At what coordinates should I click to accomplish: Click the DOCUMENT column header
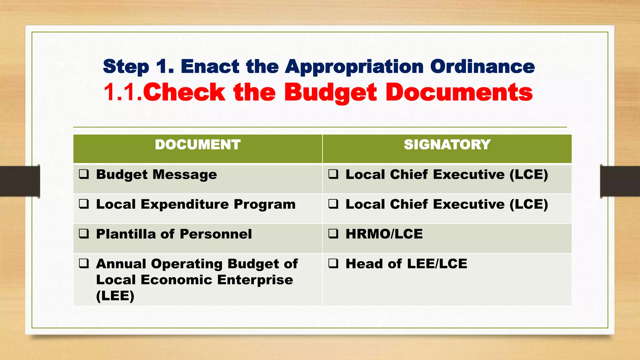coord(197,145)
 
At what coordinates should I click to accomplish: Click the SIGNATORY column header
coord(447,145)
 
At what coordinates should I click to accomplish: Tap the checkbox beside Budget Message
coord(84,174)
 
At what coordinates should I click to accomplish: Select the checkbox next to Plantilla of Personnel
coord(84,234)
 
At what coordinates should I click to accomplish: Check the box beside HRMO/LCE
coord(333,234)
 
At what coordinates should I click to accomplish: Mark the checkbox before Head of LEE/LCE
coord(333,263)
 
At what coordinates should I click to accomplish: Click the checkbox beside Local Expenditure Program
coord(84,204)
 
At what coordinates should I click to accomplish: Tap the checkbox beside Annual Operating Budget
coord(84,263)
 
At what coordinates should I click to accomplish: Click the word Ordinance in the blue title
coord(482,67)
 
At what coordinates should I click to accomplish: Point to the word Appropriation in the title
coord(354,67)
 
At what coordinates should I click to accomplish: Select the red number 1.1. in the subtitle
coord(123,92)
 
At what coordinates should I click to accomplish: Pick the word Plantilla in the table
coord(126,234)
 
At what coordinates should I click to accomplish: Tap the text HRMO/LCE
coord(384,234)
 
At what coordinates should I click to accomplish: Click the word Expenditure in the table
coord(185,204)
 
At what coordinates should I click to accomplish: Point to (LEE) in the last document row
coord(115,296)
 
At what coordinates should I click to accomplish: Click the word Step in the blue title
coord(126,67)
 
